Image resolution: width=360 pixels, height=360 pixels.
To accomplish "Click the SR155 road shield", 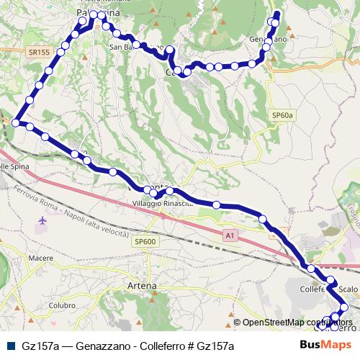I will [x=40, y=53].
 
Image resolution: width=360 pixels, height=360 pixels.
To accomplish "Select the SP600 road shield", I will [x=144, y=242].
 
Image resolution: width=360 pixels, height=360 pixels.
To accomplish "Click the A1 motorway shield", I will [x=230, y=235].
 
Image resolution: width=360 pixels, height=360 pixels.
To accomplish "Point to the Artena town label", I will [x=141, y=286].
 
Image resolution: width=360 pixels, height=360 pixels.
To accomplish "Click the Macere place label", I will [x=41, y=258].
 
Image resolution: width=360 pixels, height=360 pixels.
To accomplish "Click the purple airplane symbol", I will [x=42, y=220].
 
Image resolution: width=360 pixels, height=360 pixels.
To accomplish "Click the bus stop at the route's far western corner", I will [x=16, y=123].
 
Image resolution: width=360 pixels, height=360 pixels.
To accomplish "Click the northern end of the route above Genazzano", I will [x=277, y=13].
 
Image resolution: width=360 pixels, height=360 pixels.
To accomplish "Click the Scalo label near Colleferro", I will [x=348, y=289].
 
